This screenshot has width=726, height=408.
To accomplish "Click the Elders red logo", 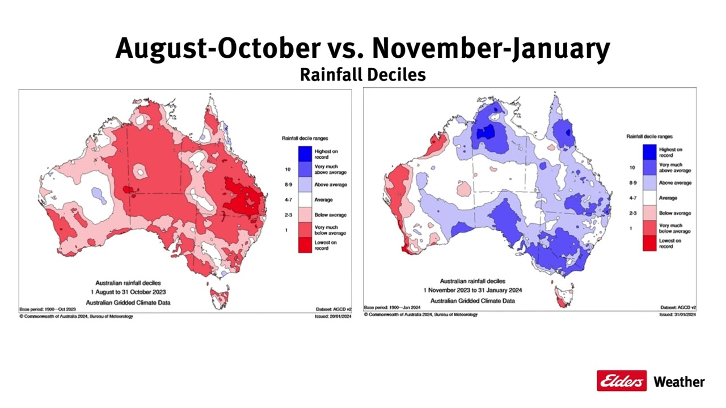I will (x=622, y=381).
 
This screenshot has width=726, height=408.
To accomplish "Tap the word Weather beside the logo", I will (x=679, y=382).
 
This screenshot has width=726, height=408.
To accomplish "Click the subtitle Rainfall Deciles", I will (x=362, y=74).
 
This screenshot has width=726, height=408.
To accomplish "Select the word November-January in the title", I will (x=491, y=49).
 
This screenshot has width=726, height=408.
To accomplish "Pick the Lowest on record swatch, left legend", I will (x=305, y=245).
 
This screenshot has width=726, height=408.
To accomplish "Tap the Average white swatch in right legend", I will (x=649, y=198).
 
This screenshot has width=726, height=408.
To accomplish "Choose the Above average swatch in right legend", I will (x=649, y=183).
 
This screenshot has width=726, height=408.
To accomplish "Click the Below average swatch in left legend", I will (x=305, y=215).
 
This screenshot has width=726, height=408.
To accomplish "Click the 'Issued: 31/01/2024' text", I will (x=678, y=314).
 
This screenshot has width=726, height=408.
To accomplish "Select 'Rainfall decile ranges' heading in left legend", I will (x=305, y=138).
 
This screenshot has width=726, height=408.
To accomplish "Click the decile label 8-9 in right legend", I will (x=632, y=183).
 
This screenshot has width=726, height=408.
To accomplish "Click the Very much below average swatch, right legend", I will (x=649, y=228).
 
